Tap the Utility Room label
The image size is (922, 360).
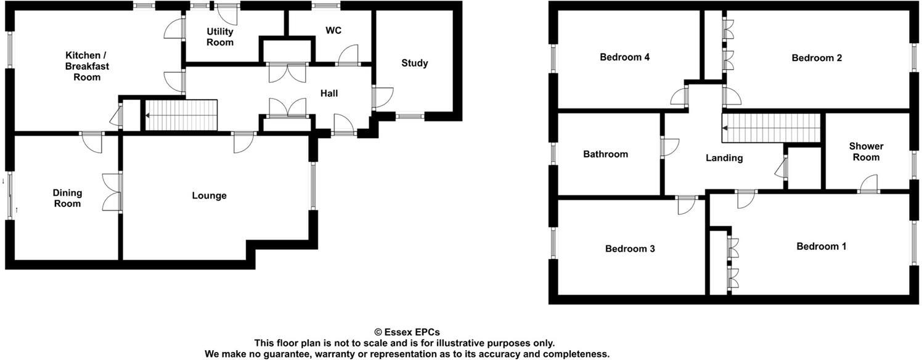coord(220,37)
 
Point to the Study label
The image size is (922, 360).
coord(414,63)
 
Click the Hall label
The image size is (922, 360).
coord(329,93)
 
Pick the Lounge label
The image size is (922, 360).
coord(209,196)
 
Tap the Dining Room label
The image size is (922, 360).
coord(67,198)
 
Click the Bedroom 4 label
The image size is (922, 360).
coord(625,57)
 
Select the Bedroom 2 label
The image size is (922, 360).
coord(817,58)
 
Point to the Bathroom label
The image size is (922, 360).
coord(605,154)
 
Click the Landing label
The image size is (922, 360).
coord(724,158)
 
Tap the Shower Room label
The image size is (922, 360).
coord(866,152)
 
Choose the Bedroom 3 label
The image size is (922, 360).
coord(630,249)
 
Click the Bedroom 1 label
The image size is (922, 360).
coord(821,247)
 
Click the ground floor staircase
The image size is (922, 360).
coord(181,115)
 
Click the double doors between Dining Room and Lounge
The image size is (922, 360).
coord(113,193)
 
